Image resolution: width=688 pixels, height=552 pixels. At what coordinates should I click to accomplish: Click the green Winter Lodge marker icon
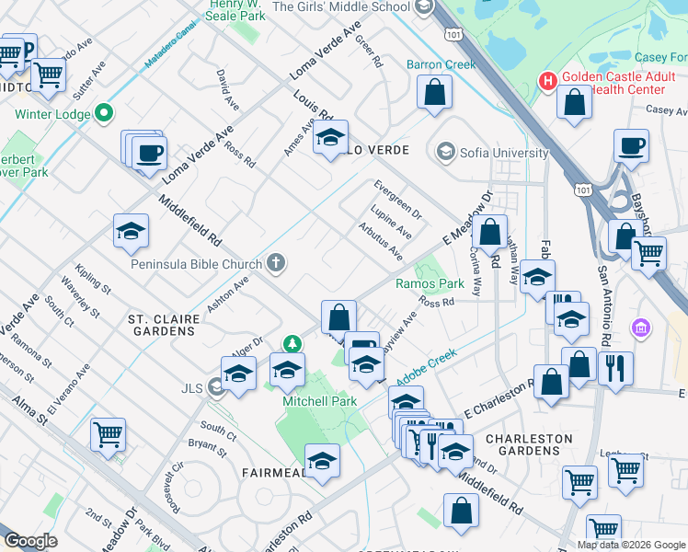[x=104, y=114]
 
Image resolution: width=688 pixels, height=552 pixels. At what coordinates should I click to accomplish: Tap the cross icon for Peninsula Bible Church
[x=275, y=264]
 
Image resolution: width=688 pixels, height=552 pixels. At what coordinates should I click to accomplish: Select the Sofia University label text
[x=498, y=153]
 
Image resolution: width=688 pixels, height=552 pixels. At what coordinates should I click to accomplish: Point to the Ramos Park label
[x=430, y=284]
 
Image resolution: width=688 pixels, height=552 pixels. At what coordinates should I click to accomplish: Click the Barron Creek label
[x=441, y=64]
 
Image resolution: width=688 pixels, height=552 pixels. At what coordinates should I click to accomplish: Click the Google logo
[x=30, y=541]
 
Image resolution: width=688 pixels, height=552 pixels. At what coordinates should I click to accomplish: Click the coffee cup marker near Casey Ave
[x=632, y=144]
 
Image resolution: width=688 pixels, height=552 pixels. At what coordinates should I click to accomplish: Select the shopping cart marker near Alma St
[x=108, y=432]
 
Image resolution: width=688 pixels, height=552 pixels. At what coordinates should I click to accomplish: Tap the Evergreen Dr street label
[x=397, y=200]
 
